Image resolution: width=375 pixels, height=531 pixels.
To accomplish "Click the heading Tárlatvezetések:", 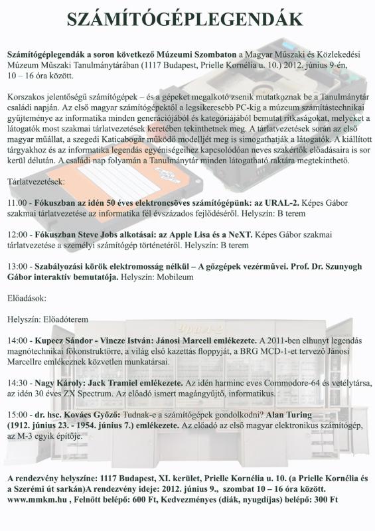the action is click(x=36, y=180).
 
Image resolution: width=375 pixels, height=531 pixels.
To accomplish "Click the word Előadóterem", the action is click(x=75, y=319).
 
